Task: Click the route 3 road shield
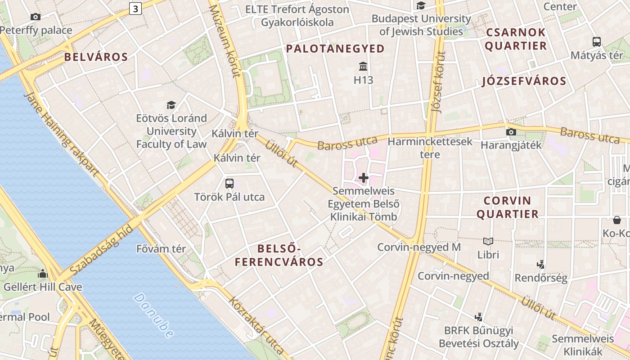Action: click(135, 8)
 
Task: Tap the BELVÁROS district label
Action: click(96, 57)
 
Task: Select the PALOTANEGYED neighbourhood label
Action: click(335, 49)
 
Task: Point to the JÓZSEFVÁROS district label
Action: click(524, 81)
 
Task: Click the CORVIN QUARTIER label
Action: click(508, 207)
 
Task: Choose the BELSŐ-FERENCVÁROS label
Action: click(279, 255)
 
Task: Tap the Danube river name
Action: click(153, 315)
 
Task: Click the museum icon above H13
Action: click(363, 67)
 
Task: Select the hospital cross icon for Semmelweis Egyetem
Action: click(364, 178)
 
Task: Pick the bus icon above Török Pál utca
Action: click(229, 183)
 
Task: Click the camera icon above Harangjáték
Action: click(511, 132)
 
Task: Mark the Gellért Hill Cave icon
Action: click(43, 274)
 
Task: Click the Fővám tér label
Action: click(161, 248)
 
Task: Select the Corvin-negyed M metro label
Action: click(419, 247)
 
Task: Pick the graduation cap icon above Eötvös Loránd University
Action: click(171, 105)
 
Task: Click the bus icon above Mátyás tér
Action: click(597, 42)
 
